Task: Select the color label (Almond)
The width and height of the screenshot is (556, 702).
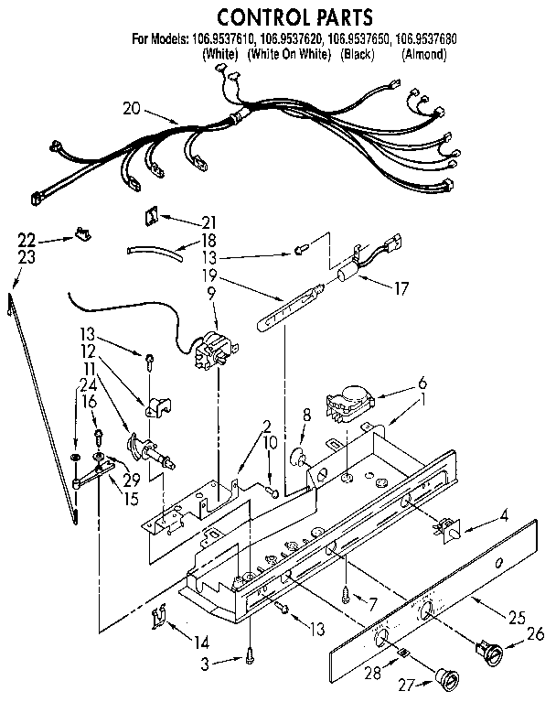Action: tap(422, 55)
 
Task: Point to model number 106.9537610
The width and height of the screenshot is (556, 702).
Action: tap(226, 39)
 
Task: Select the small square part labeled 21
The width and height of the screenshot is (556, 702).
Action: tap(151, 217)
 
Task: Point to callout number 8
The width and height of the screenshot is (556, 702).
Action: tap(305, 415)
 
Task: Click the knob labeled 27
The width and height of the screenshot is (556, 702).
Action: tap(448, 678)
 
